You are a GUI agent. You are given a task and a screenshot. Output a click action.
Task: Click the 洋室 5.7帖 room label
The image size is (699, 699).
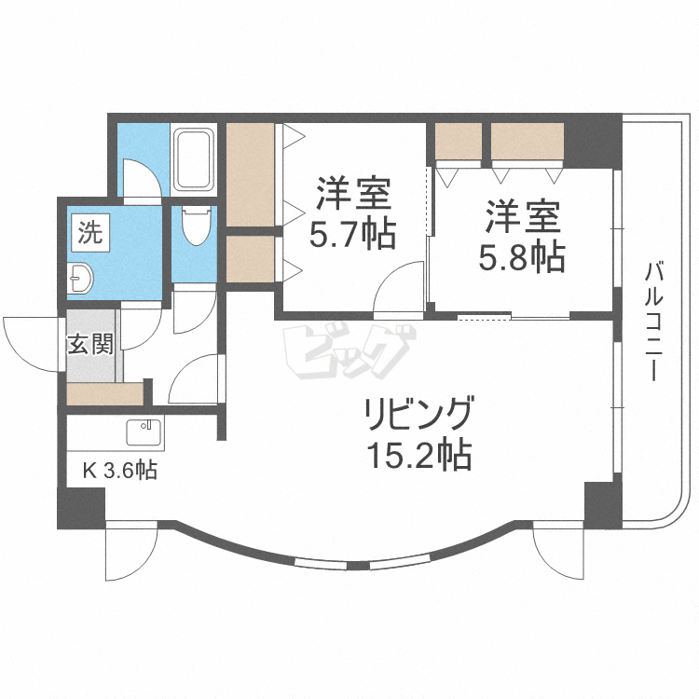[x=353, y=213]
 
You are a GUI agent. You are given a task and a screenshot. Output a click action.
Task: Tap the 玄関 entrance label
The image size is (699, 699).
[x=90, y=344]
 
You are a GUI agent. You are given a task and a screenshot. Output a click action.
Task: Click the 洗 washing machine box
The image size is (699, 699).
[x=89, y=232]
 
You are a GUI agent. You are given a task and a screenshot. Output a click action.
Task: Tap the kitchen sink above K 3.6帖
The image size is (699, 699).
[x=144, y=433]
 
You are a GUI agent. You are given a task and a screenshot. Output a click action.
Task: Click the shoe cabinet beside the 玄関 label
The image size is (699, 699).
[x=105, y=393]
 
